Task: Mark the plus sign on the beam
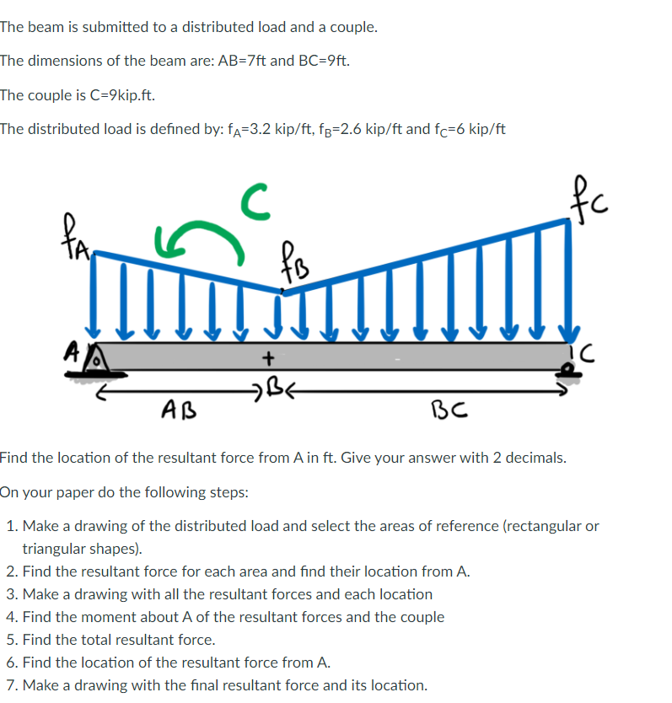coord(267,358)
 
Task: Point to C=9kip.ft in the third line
coord(110,94)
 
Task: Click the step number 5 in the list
coord(10,640)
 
